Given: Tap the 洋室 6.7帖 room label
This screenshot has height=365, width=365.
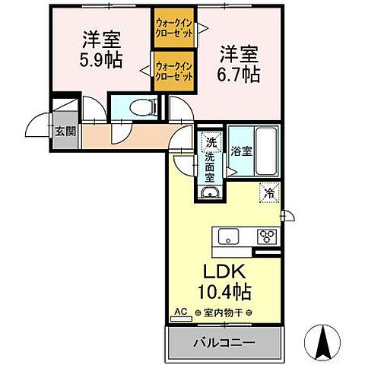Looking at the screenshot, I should (x=240, y=64).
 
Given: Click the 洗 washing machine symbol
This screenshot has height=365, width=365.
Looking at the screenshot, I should (x=211, y=141).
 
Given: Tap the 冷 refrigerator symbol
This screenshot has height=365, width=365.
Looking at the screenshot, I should (x=268, y=193).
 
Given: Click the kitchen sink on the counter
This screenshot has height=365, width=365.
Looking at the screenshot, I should (x=230, y=236).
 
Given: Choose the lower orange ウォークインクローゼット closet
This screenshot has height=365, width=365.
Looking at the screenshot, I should (x=174, y=71).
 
